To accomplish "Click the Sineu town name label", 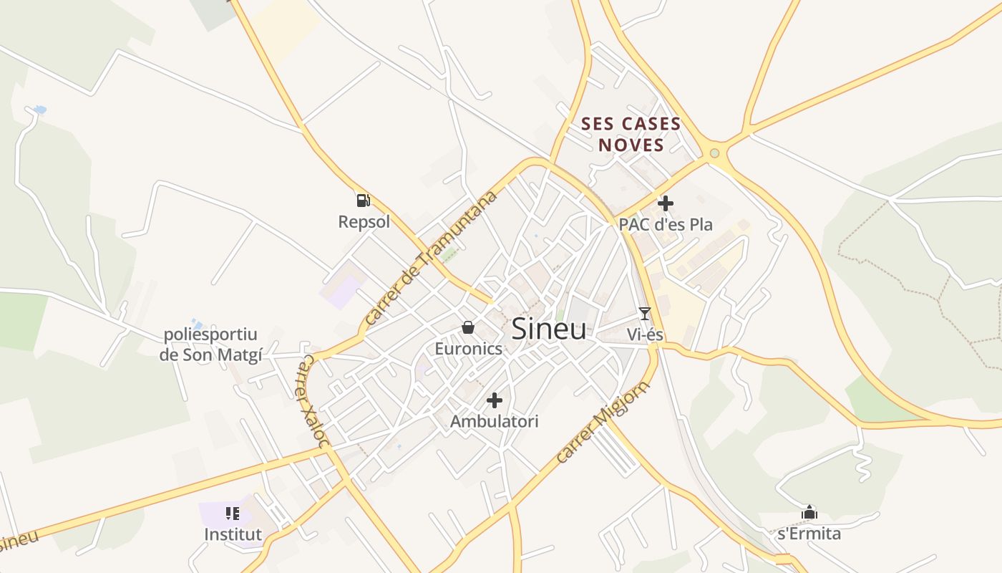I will click(549, 329).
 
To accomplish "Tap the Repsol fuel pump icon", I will click(363, 201).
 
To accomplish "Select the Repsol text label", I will click(364, 222).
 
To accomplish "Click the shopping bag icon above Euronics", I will click(468, 327).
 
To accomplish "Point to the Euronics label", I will click(469, 349).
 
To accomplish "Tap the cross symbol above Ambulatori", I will click(494, 400).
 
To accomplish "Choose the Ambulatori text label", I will click(494, 422).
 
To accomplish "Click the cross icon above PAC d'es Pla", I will click(666, 203).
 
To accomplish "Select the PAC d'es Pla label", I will click(666, 224).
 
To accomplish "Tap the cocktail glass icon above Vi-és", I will click(645, 313).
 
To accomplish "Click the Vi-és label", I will click(645, 334).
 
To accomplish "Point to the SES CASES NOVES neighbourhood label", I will click(631, 135).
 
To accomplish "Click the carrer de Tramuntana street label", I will click(430, 258).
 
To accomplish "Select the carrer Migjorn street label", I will click(602, 422).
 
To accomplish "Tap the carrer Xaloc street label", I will click(313, 400).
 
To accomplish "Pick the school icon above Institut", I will click(233, 513).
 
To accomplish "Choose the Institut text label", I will click(233, 534).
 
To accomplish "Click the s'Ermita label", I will click(809, 534).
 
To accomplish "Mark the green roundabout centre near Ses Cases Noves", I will click(714, 153).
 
